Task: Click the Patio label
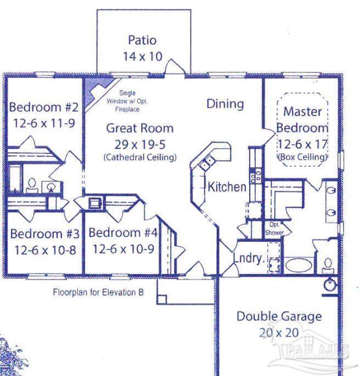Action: pos(142,40)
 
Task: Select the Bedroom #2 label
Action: pos(44,106)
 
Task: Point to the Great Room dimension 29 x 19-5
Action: pos(139,145)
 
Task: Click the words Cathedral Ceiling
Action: pos(139,157)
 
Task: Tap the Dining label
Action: pos(225,104)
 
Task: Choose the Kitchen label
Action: pos(227,187)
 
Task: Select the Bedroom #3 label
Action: pos(45,234)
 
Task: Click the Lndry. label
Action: pos(249,258)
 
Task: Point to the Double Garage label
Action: pos(279,317)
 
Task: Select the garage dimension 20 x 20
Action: pos(279,333)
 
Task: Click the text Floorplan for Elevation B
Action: pos(98,292)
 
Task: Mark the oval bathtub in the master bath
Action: pos(297,266)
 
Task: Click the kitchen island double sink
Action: pos(207,162)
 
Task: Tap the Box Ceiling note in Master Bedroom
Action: pos(303,157)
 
